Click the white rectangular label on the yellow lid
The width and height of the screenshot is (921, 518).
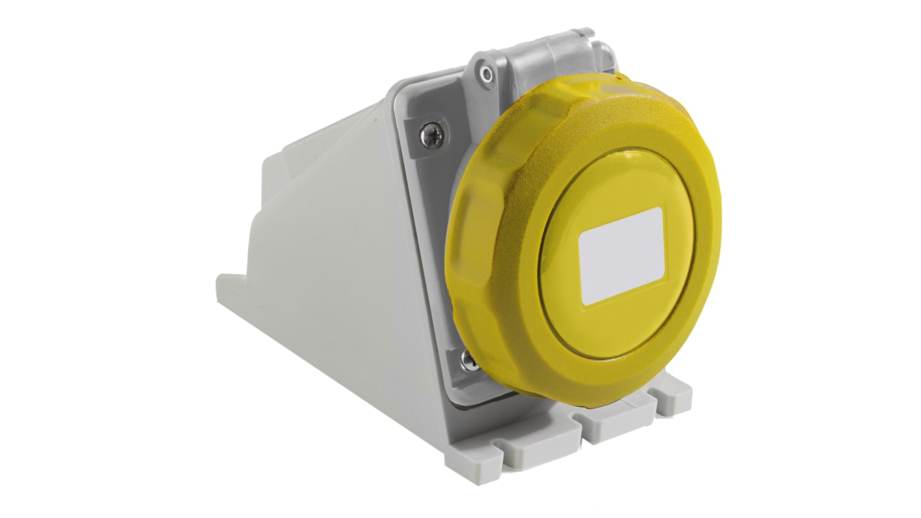pos(621,256)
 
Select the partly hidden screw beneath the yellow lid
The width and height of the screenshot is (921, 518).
pos(468,360)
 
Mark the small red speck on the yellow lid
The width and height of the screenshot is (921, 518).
pos(617,78)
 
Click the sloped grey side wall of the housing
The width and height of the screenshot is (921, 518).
pos(324,260)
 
